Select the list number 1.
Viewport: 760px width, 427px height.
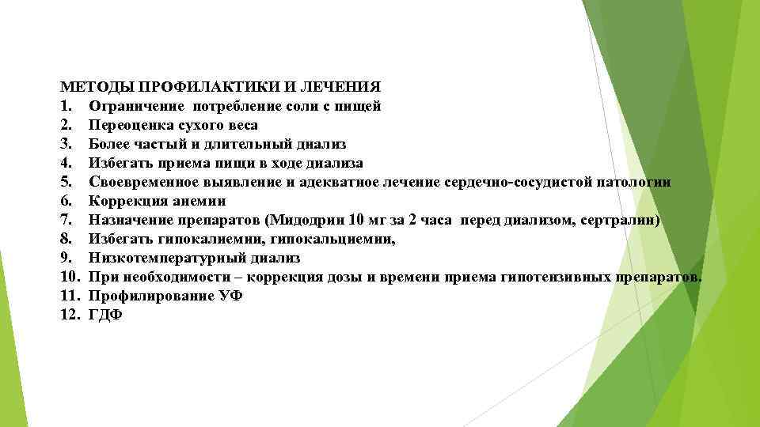pos(66,105)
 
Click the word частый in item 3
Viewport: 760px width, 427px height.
pos(160,144)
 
